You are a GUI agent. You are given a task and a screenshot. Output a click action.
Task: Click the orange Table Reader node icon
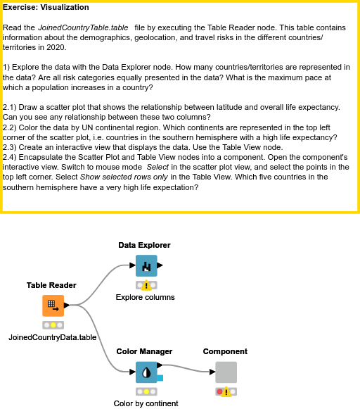click(53, 306)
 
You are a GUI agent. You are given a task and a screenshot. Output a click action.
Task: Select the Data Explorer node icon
click(146, 266)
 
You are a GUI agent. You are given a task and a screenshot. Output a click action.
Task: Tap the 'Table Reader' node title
click(51, 285)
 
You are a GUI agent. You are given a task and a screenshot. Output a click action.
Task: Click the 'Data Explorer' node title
click(144, 245)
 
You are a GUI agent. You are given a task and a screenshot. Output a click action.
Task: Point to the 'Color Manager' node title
click(144, 351)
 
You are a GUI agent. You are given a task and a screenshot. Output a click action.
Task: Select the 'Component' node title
click(225, 351)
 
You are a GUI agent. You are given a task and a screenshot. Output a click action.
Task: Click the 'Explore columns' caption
click(145, 297)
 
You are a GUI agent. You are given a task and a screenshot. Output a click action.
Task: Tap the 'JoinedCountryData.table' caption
click(53, 337)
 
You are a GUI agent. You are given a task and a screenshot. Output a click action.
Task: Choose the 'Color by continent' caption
click(146, 403)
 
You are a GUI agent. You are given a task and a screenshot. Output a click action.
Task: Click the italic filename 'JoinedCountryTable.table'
click(83, 27)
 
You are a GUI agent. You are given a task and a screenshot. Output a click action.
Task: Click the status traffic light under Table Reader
click(53, 325)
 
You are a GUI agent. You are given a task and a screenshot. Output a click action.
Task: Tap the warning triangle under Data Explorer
click(146, 286)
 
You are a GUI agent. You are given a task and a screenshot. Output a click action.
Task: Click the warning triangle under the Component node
click(226, 392)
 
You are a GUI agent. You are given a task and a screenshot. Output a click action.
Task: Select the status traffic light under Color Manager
click(146, 391)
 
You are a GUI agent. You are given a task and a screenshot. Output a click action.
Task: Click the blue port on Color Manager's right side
click(160, 378)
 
